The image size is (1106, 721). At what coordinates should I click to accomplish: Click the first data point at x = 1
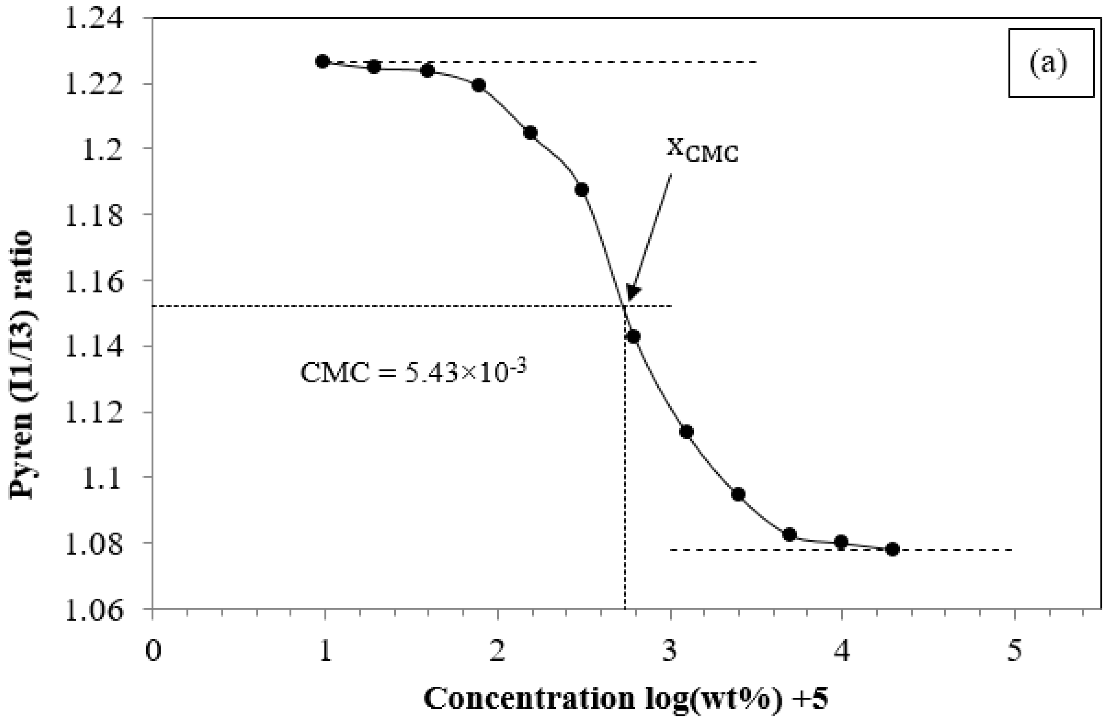(x=323, y=61)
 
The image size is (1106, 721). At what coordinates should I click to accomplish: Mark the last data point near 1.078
(x=892, y=549)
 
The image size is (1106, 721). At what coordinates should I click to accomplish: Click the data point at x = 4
(x=841, y=542)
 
